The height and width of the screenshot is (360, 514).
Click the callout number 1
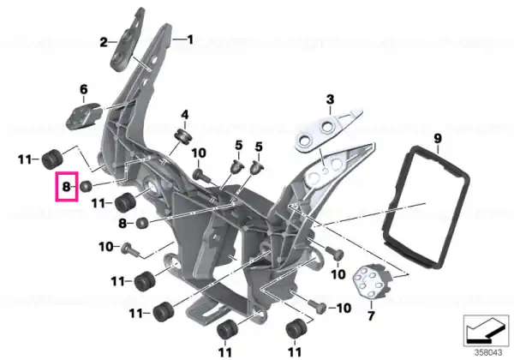click(x=190, y=40)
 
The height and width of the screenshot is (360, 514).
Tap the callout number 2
click(x=104, y=42)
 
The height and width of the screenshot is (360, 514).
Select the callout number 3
click(x=330, y=99)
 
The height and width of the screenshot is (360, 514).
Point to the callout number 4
click(x=185, y=115)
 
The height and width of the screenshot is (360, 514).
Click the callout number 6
click(x=84, y=89)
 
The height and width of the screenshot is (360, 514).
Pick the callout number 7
click(x=371, y=315)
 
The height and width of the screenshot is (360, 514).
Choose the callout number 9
click(x=438, y=138)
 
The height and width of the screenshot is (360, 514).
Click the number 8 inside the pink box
click(x=67, y=187)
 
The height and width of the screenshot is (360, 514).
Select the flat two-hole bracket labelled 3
click(x=328, y=129)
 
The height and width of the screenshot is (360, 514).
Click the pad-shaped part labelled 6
click(x=83, y=116)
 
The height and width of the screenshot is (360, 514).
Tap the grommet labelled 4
click(x=182, y=136)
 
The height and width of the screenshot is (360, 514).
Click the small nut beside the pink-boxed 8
click(x=86, y=187)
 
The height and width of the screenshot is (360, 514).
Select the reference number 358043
click(x=488, y=353)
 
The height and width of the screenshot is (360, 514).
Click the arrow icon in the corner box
click(x=485, y=331)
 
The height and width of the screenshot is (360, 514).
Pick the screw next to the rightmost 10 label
click(x=317, y=306)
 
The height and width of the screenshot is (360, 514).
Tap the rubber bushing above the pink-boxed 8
click(x=52, y=159)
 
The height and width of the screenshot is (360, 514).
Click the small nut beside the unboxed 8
click(x=142, y=223)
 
